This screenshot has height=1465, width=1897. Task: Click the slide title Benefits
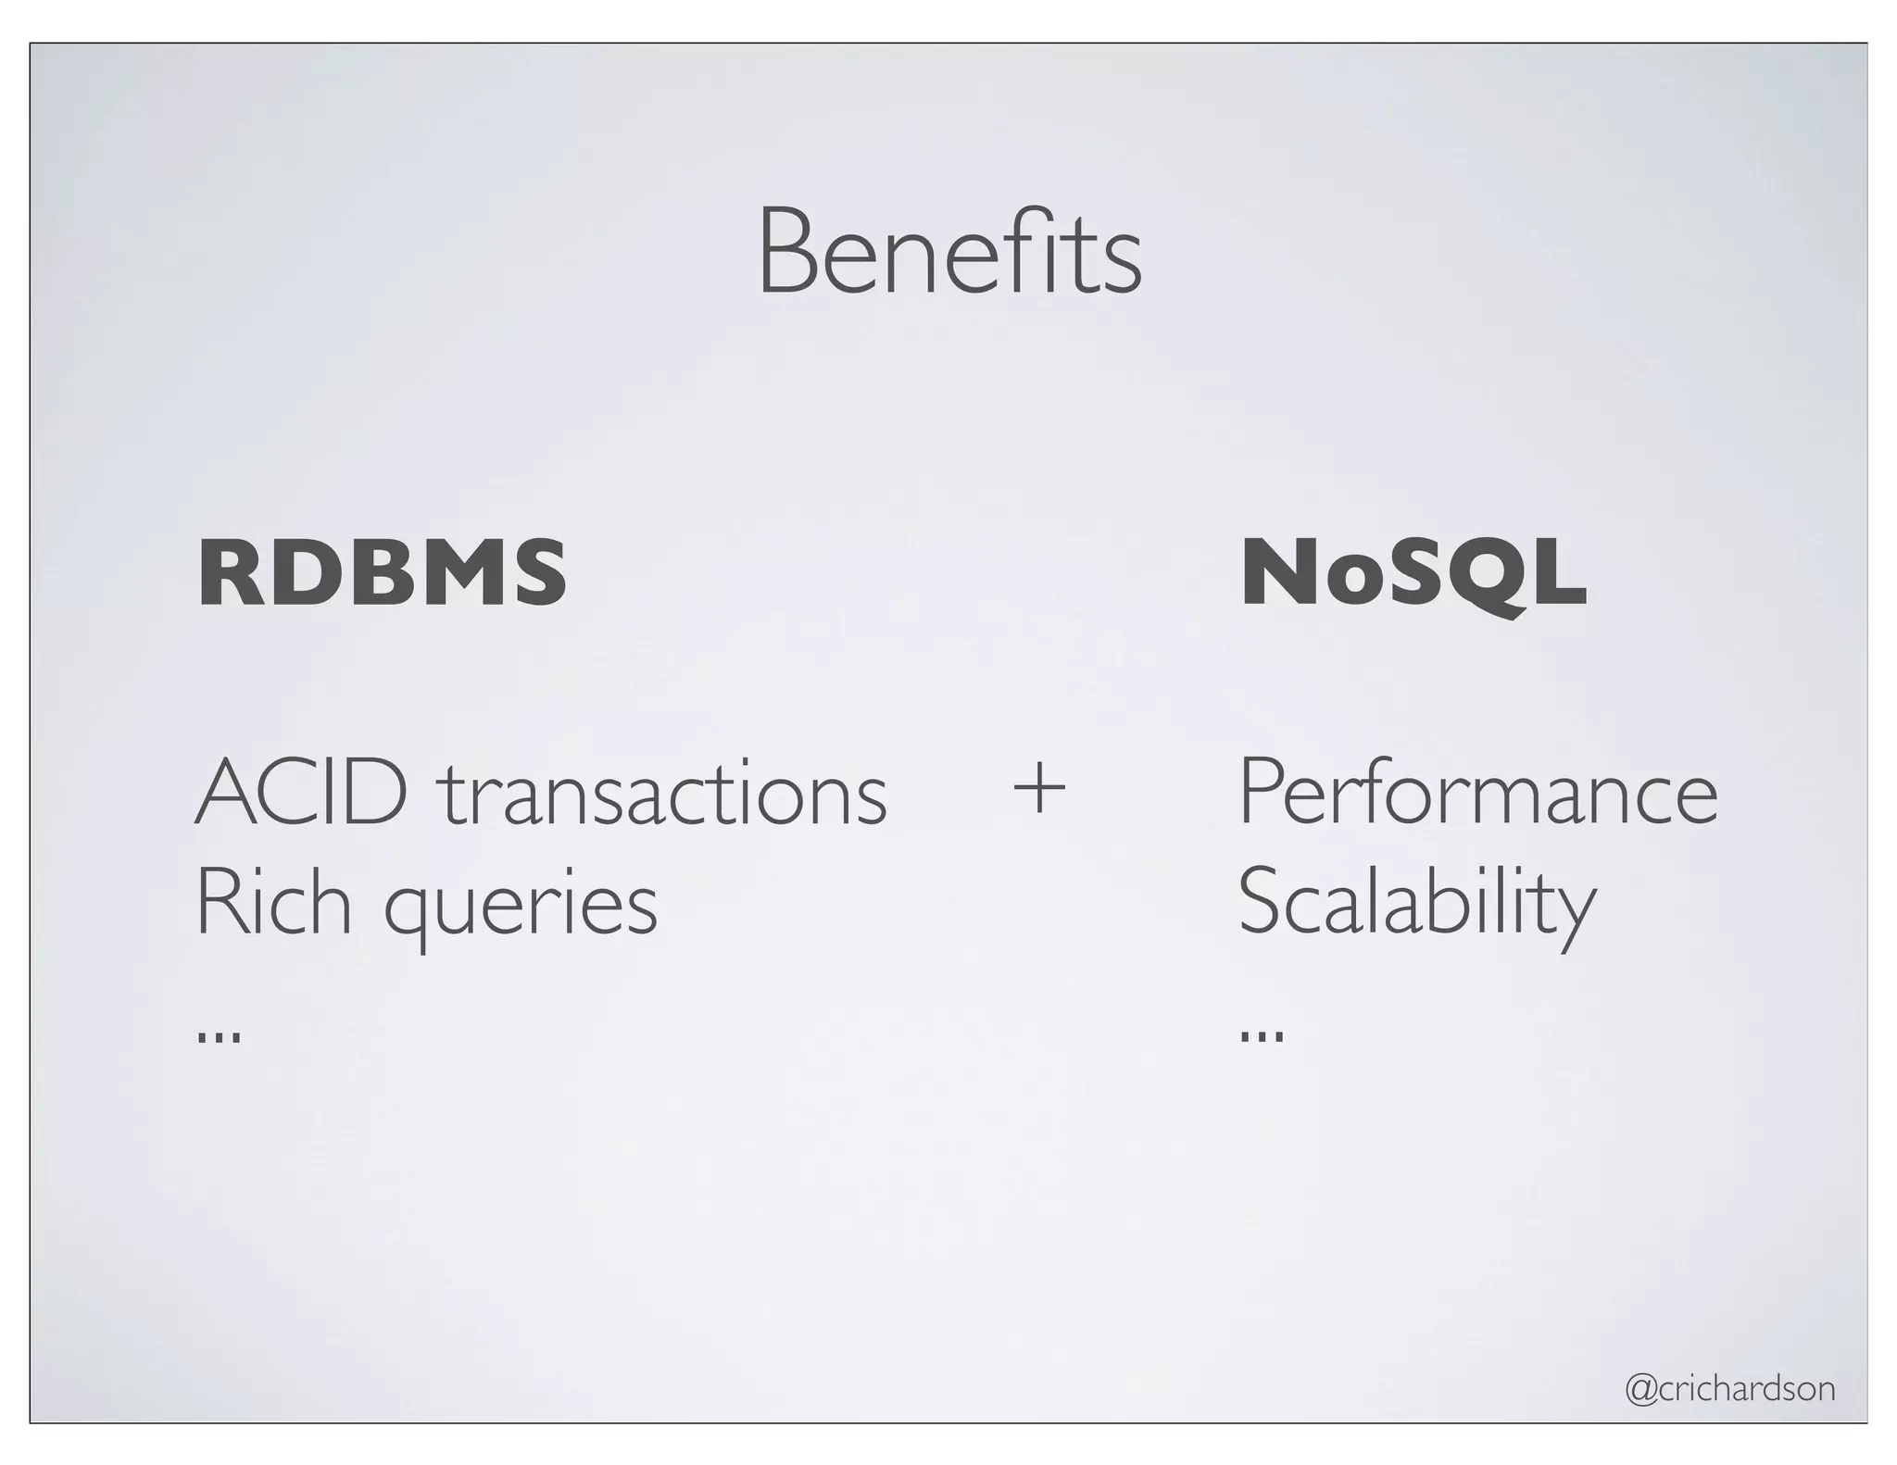pyautogui.click(x=949, y=252)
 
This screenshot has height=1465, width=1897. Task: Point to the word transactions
pyautogui.click(x=662, y=795)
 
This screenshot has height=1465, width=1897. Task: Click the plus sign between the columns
pyautogui.click(x=1039, y=790)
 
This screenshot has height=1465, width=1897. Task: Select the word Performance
pyautogui.click(x=1477, y=793)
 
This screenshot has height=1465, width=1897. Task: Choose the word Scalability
pyautogui.click(x=1417, y=903)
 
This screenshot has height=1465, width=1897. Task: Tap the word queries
pyautogui.click(x=521, y=908)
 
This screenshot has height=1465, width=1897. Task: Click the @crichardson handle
pyautogui.click(x=1730, y=1389)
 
